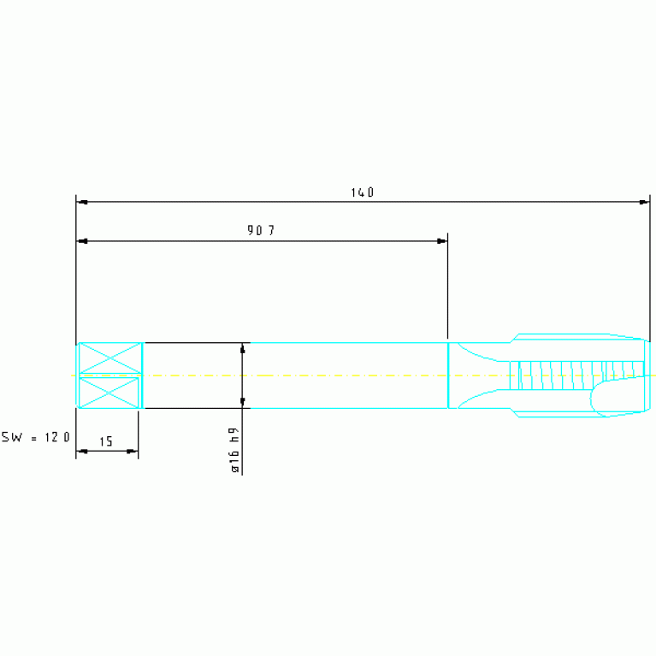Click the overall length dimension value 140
point(363,192)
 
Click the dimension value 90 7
point(261,230)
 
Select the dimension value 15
point(106,441)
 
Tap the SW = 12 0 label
point(36,437)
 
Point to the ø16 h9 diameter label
point(234,450)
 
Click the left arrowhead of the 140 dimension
point(83,202)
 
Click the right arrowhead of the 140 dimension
point(643,202)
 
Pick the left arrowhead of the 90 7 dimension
point(83,241)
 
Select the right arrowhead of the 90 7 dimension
point(441,241)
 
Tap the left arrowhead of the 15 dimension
point(83,451)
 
